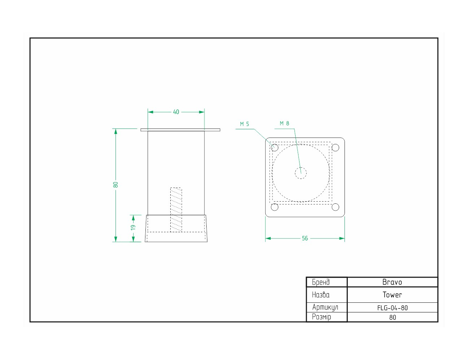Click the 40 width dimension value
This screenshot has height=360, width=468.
[x=176, y=112]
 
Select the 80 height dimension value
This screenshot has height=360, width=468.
[x=116, y=185]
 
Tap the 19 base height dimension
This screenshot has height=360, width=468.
[x=133, y=228]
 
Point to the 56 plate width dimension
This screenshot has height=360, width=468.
[x=305, y=238]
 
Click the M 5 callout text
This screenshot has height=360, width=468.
[x=244, y=124]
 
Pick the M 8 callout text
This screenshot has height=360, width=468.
[x=284, y=123]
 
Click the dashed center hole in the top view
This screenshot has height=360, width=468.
[x=301, y=173]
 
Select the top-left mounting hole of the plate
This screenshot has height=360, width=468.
[x=275, y=148]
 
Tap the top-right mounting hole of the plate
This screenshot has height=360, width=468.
[x=335, y=148]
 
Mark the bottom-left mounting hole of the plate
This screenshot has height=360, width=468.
[x=275, y=207]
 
